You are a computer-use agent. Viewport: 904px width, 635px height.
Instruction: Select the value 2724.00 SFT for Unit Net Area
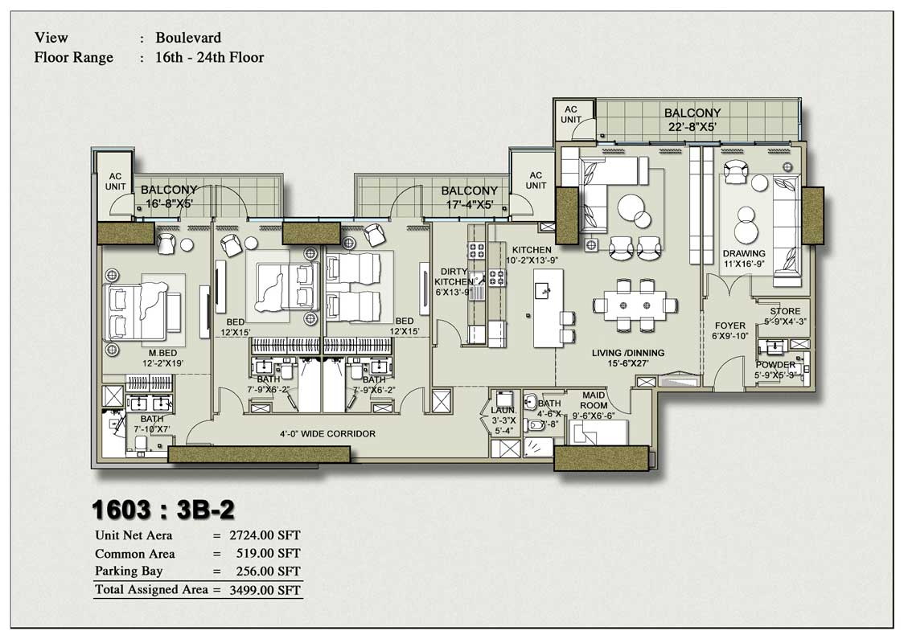pyautogui.click(x=266, y=535)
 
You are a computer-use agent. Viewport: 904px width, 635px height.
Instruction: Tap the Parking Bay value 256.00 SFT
pyautogui.click(x=266, y=572)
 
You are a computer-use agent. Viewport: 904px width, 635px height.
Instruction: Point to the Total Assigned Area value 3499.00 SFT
pyautogui.click(x=266, y=591)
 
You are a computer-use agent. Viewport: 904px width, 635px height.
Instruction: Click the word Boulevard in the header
pyautogui.click(x=188, y=38)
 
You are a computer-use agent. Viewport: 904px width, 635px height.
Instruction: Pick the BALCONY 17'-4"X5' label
pyautogui.click(x=469, y=197)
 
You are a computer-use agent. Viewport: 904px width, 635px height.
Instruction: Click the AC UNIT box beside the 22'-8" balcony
pyautogui.click(x=571, y=114)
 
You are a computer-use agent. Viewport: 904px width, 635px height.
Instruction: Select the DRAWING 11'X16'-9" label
pyautogui.click(x=742, y=258)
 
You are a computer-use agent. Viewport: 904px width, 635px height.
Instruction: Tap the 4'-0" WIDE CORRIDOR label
pyautogui.click(x=327, y=434)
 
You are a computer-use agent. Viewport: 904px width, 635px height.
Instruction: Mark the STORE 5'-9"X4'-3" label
pyautogui.click(x=784, y=316)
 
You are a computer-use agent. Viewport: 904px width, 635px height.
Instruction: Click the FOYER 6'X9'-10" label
pyautogui.click(x=729, y=331)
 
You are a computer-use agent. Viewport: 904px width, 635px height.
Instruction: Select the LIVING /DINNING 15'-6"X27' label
pyautogui.click(x=628, y=358)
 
